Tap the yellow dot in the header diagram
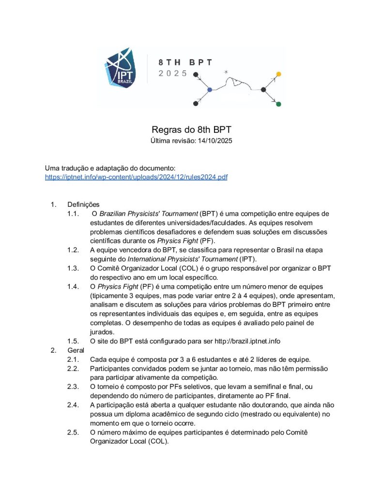coord(278,74)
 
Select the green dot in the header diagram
coord(278,104)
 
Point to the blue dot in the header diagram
coord(210,90)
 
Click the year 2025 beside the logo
coord(173,74)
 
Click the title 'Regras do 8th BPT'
coord(192,130)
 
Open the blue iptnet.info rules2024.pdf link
coord(136,177)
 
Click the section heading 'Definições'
coord(83,204)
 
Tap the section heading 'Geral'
coord(76,350)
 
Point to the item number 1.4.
coord(73,287)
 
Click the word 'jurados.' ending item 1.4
coord(103,332)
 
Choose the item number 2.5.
coord(73,432)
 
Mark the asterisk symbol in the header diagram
coord(226,72)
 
